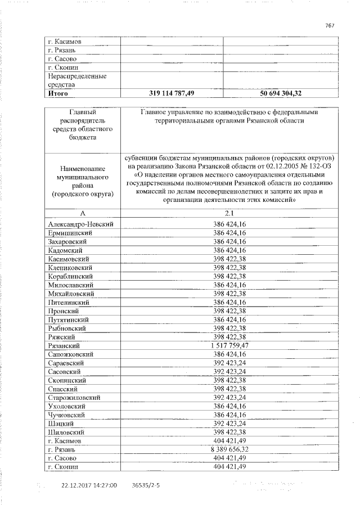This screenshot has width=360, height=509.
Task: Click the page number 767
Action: click(x=331, y=25)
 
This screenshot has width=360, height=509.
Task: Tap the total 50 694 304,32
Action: click(x=281, y=93)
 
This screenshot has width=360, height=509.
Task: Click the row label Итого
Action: click(x=58, y=93)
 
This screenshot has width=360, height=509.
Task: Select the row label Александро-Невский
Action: click(x=82, y=224)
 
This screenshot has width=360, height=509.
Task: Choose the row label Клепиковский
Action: click(x=70, y=268)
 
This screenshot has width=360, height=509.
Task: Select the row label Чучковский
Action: click(x=67, y=415)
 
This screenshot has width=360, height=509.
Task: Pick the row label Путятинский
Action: click(x=69, y=319)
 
